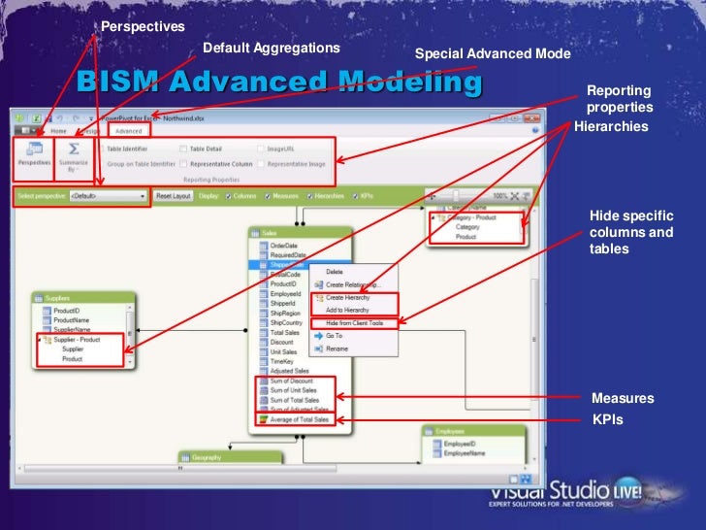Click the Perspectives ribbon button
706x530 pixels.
pos(34,155)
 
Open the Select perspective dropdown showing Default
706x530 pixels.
pos(108,196)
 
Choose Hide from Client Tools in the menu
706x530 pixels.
pos(354,322)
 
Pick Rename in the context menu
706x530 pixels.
pos(337,348)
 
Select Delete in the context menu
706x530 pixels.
pos(334,271)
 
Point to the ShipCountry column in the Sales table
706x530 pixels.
pos(286,322)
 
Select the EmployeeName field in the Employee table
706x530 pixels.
pos(464,453)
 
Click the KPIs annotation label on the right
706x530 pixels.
pos(607,420)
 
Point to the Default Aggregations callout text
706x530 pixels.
pos(272,48)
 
